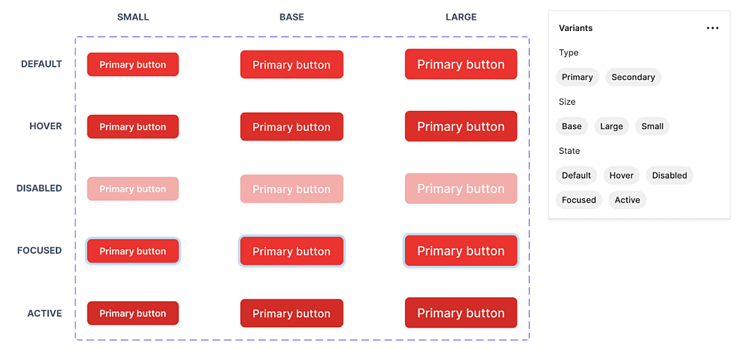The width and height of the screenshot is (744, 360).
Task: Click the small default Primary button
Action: click(133, 64)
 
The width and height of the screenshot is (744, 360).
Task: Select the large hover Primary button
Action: click(461, 126)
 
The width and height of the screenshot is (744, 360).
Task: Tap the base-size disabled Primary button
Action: click(291, 189)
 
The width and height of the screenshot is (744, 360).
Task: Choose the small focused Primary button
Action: click(133, 251)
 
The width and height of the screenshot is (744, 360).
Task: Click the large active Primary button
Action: click(461, 313)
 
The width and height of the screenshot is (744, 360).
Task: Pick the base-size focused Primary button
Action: click(291, 251)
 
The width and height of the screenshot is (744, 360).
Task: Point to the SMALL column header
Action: click(133, 17)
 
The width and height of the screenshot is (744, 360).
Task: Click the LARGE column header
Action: click(461, 17)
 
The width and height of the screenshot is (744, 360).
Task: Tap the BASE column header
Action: click(291, 17)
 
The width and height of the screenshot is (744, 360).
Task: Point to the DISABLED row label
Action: click(39, 188)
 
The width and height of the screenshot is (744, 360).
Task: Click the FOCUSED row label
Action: click(40, 250)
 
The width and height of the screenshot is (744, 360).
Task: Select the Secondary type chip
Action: click(633, 77)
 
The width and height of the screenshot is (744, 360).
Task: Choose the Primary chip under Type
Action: click(577, 77)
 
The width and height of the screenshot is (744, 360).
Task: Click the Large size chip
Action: click(611, 126)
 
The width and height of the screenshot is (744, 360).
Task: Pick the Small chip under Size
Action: click(652, 126)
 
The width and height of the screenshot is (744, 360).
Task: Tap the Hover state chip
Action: click(621, 175)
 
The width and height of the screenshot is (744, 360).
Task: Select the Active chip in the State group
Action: click(627, 200)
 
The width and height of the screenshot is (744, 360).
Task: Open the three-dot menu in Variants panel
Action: click(712, 29)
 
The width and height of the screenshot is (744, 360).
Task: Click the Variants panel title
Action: click(575, 28)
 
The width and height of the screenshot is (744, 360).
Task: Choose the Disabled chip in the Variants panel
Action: click(669, 175)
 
